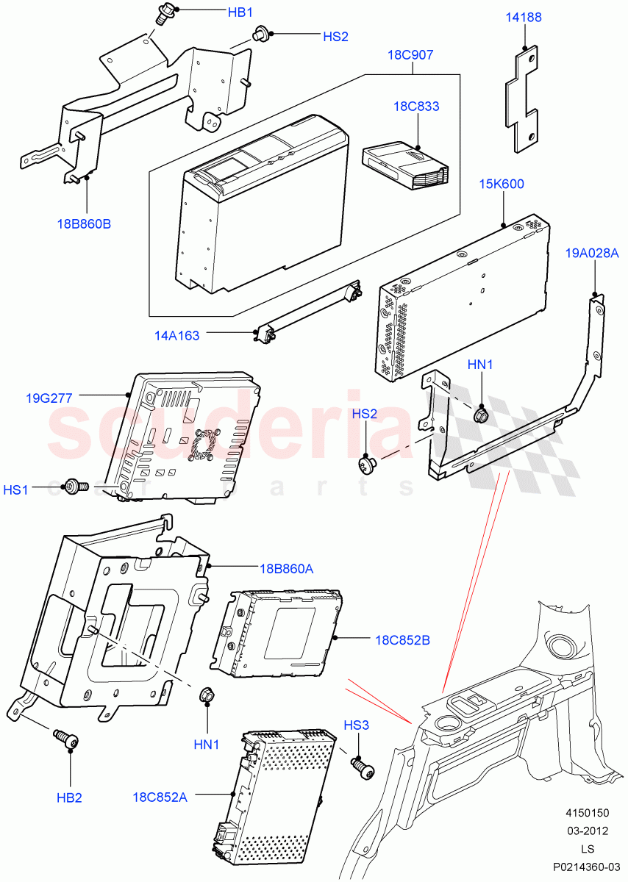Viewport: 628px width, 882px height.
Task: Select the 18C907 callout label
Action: click(412, 55)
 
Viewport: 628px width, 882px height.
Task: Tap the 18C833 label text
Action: click(416, 107)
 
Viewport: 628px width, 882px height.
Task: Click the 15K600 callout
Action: click(502, 184)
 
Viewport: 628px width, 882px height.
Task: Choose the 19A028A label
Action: click(592, 253)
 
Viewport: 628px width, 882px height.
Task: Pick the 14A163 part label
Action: click(176, 336)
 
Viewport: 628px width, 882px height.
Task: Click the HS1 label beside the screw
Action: click(16, 489)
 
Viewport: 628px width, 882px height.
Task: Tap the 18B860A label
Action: click(286, 568)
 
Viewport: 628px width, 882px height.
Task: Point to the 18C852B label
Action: click(403, 640)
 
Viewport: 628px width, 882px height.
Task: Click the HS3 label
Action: click(357, 725)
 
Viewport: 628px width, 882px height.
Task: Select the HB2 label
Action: click(69, 797)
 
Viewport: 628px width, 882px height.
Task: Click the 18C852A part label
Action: click(160, 797)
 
